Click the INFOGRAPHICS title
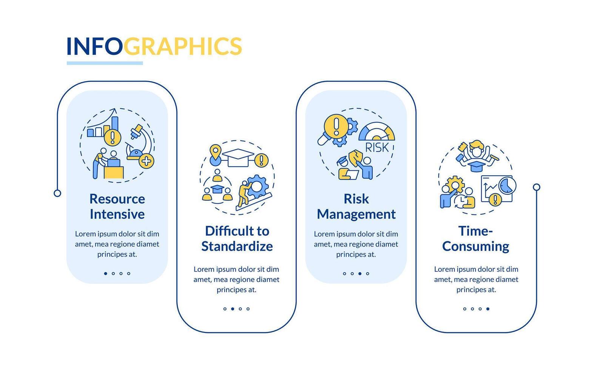[x=154, y=46]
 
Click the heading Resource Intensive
[x=117, y=206]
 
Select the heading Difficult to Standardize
[x=237, y=238]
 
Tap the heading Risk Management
[x=356, y=206]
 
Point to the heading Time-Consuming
[x=475, y=238]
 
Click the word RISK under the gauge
[x=377, y=148]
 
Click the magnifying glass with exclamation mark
[x=335, y=126]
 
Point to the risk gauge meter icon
[x=376, y=132]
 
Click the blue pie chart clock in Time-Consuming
[x=507, y=185]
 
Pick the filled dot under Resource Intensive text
[x=105, y=273]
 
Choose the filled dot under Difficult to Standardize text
[x=233, y=309]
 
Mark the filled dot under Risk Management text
[x=360, y=273]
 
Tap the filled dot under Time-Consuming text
[x=488, y=309]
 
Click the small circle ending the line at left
[x=57, y=193]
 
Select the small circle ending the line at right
[x=537, y=187]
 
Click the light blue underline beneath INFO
[x=105, y=63]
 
